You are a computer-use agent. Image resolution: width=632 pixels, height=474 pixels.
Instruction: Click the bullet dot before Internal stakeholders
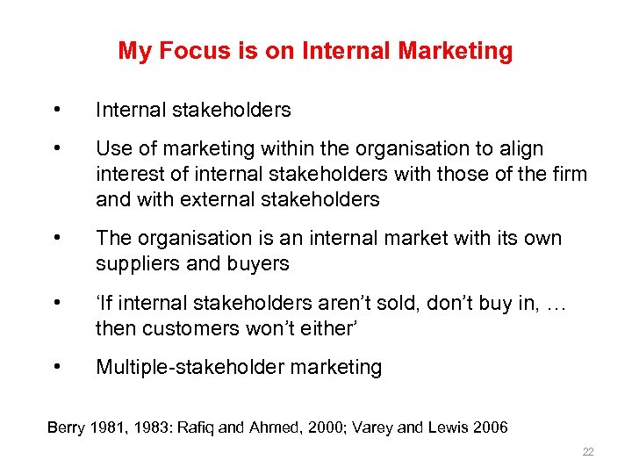56,110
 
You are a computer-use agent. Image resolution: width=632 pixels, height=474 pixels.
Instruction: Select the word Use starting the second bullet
111,149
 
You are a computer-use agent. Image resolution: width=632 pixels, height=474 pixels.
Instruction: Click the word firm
568,174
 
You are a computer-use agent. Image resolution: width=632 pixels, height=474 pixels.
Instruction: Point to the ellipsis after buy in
557,304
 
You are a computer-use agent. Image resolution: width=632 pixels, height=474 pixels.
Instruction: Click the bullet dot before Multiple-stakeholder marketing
56,367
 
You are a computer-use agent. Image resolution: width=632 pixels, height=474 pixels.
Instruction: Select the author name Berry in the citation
64,427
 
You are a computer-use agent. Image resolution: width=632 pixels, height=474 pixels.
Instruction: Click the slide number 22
588,452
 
